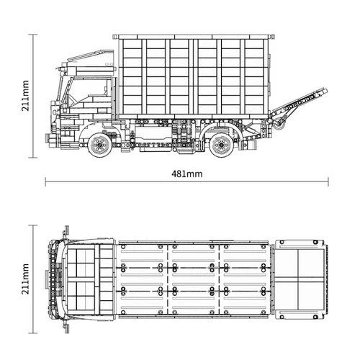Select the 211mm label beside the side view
click(25, 94)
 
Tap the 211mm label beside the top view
click(25, 280)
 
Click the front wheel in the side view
click(100, 145)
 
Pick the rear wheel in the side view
click(222, 145)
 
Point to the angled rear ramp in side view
click(297, 108)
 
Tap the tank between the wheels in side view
click(155, 134)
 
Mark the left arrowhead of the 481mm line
click(47, 182)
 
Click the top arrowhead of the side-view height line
click(34, 35)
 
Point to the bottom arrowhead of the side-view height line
click(34, 156)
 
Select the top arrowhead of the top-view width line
click(34, 226)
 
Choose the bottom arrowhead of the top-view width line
click(34, 334)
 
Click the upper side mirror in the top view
click(66, 231)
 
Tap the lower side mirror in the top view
click(66, 328)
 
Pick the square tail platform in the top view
click(300, 279)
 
